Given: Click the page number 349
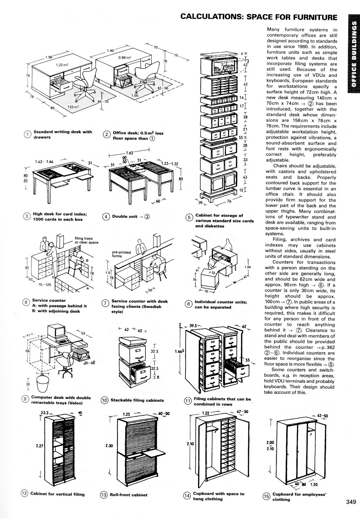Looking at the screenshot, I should coord(351,502).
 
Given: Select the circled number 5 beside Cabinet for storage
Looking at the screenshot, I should coord(189,217).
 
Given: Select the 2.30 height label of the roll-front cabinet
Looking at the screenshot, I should coord(109,446).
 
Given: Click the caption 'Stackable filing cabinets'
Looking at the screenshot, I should coord(137,400).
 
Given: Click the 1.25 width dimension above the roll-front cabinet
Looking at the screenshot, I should coord(127,414).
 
